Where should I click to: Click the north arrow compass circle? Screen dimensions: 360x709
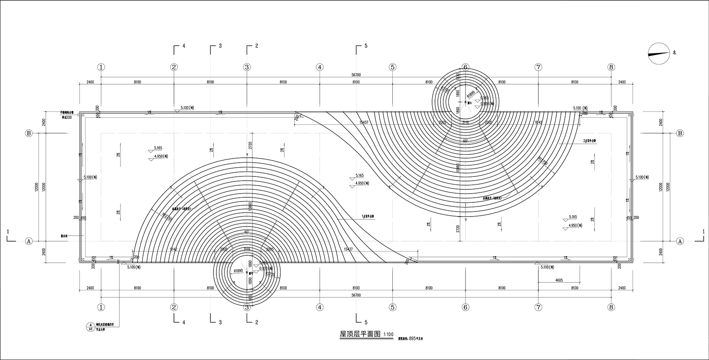coord(659,53)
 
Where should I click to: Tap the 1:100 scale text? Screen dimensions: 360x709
coord(388,335)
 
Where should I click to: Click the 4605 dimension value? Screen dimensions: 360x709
coord(558,280)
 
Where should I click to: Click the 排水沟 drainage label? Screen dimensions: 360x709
coord(64,236)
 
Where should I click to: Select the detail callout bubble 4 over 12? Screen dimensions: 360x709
coord(90,327)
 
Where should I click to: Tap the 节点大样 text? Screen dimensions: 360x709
coord(103,329)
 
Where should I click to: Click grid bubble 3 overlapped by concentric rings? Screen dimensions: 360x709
coord(247,307)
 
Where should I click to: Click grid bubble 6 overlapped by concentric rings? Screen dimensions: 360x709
coord(465,67)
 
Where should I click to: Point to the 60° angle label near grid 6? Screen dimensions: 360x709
coord(465,141)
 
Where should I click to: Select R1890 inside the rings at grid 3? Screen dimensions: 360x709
coord(238,270)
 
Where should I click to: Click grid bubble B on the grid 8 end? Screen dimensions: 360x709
coord(680,133)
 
